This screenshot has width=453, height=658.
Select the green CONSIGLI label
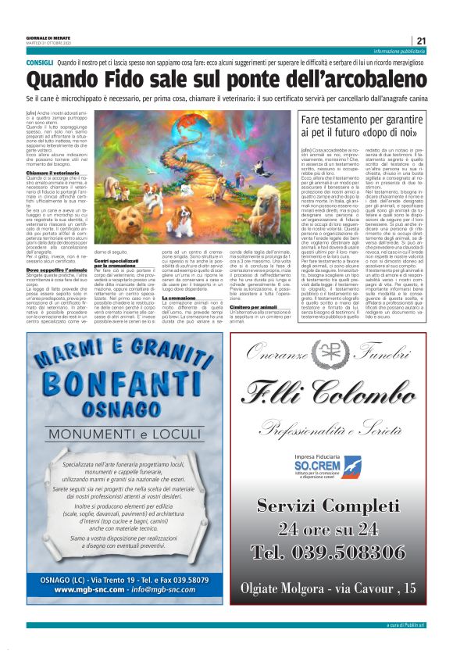pos(39,61)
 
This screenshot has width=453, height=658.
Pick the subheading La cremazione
pos(180,298)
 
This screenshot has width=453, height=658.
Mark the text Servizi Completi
pos(340,504)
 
